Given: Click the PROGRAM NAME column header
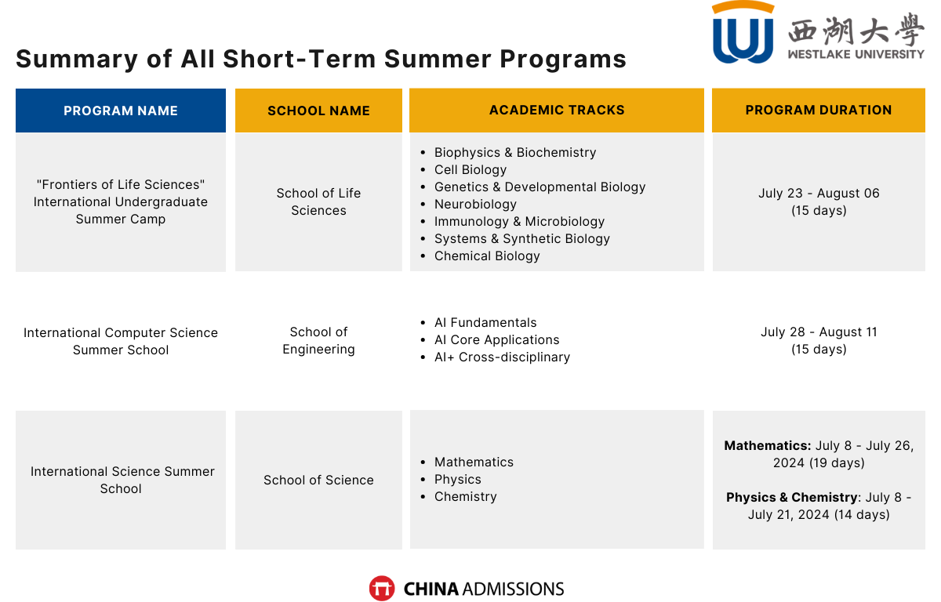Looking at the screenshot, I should click(121, 111).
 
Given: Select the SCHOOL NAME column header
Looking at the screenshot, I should click(318, 111).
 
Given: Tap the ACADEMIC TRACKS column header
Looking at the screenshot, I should click(557, 110).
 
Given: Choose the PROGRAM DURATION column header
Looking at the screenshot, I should click(819, 110).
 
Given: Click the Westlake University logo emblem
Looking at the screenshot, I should click(743, 34).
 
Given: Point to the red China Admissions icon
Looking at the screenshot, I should click(382, 589).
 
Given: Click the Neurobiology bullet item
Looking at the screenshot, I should click(475, 204).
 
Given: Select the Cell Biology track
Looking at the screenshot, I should click(470, 169).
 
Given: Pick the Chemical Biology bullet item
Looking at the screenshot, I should click(487, 256).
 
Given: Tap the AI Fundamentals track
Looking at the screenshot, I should click(485, 322).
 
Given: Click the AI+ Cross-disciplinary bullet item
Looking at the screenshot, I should click(502, 357).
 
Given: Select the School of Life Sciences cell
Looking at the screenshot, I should click(318, 201).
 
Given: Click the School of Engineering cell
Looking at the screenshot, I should click(318, 340).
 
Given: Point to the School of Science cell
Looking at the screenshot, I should click(318, 480).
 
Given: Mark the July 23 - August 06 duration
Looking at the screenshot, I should click(819, 193).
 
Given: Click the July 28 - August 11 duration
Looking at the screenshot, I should click(819, 332).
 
